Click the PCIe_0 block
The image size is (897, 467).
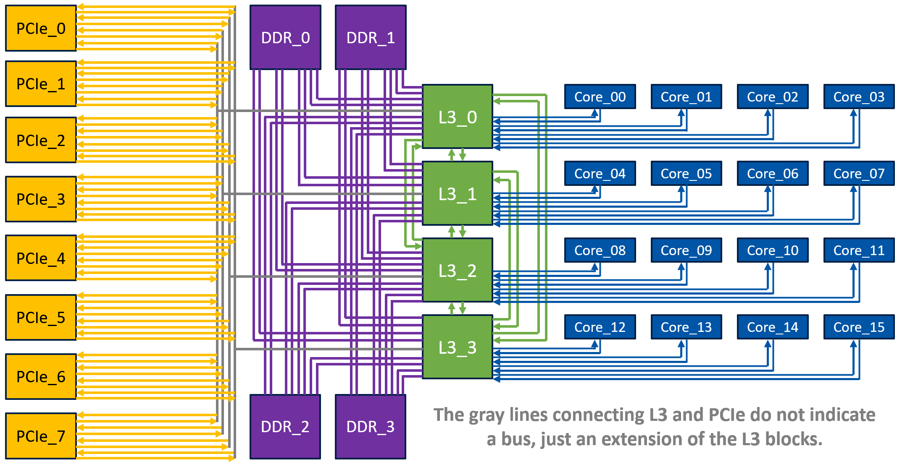(x=41, y=28)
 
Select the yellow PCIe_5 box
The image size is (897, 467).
(x=41, y=317)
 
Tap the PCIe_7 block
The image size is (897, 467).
(x=41, y=436)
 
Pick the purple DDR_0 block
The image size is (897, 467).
(x=285, y=37)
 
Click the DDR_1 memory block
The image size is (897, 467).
(x=371, y=37)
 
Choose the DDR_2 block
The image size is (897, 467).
(x=285, y=427)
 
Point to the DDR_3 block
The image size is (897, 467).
(x=371, y=427)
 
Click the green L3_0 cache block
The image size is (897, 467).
(x=458, y=117)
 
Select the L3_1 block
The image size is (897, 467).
(x=458, y=193)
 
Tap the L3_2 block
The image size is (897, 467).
(x=458, y=270)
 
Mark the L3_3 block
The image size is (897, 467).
(x=458, y=347)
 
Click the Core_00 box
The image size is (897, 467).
(x=600, y=97)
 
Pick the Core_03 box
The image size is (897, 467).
(x=859, y=97)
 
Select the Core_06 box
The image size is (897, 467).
(x=773, y=173)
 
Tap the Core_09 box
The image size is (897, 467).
(x=686, y=250)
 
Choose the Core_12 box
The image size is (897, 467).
(x=600, y=327)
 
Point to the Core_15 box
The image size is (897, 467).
(x=859, y=327)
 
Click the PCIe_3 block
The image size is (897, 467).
(x=41, y=199)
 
